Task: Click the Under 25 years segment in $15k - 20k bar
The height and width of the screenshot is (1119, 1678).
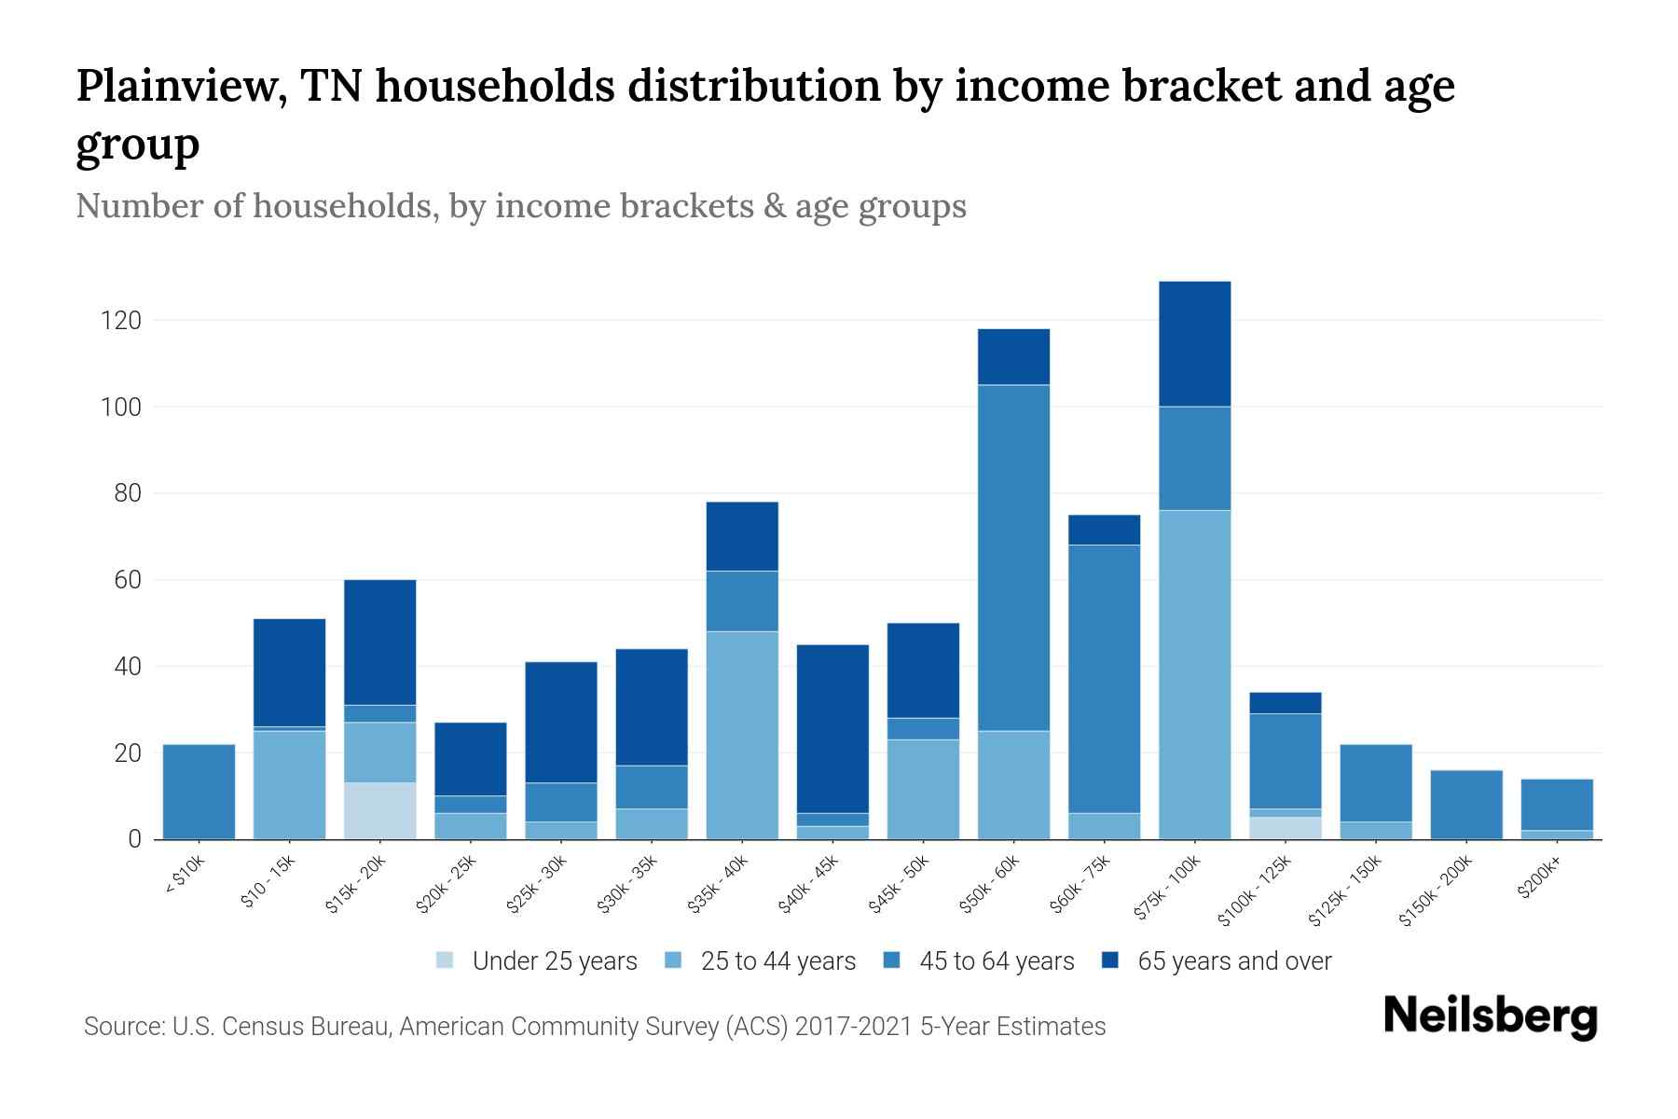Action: [x=379, y=810]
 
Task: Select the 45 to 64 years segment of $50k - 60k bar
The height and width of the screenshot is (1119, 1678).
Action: [x=1013, y=558]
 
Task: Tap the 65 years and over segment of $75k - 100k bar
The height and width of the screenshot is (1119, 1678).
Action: [x=1194, y=343]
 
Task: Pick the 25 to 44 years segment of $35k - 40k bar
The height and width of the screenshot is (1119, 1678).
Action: [x=742, y=735]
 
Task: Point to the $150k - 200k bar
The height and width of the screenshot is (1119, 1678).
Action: [x=1466, y=804]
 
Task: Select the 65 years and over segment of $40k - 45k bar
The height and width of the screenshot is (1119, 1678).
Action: [x=832, y=728]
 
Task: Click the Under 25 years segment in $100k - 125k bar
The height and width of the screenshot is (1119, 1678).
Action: [x=1286, y=828]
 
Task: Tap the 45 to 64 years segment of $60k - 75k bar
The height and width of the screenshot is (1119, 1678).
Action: [x=1104, y=678]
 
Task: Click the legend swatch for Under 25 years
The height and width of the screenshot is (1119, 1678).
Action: [x=445, y=960]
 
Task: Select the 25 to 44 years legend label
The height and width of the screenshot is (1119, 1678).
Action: [x=777, y=960]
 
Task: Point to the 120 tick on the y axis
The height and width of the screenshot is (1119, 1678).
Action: [x=120, y=321]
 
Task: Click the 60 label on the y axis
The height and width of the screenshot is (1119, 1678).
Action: [x=127, y=580]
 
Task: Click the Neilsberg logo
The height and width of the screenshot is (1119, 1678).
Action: [x=1490, y=1016]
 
